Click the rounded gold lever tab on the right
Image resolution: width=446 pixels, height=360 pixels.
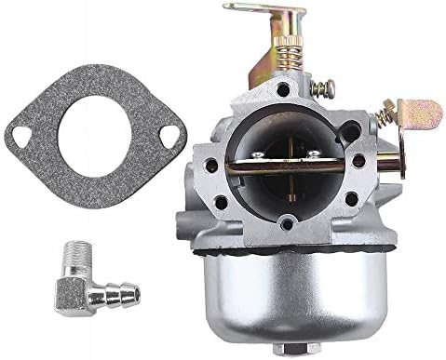click(420, 116)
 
